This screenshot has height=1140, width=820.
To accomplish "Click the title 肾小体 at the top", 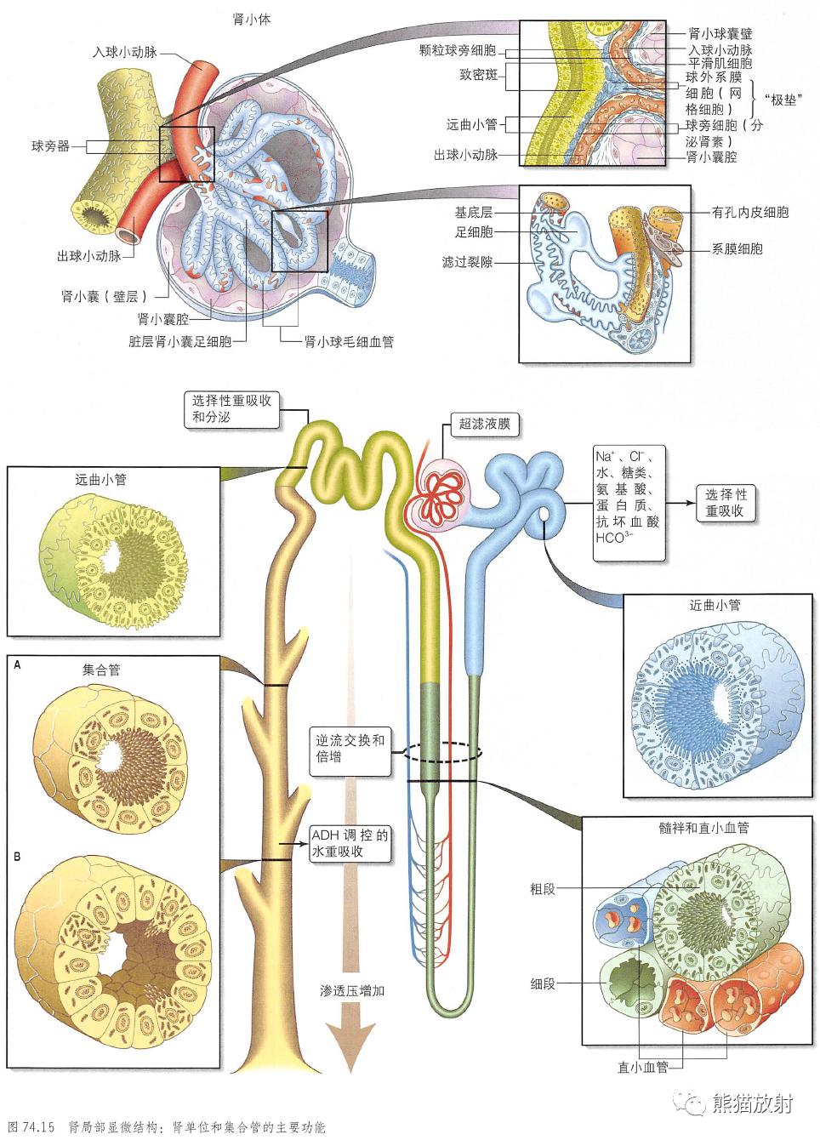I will [x=253, y=19].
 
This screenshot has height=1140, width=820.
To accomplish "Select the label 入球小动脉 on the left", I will [x=125, y=53].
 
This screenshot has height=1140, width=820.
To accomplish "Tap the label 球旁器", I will [x=50, y=146].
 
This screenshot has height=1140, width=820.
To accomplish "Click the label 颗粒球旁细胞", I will [x=458, y=52].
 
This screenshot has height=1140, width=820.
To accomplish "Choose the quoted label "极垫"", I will [x=784, y=100].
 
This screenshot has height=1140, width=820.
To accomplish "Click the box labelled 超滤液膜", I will [x=484, y=424].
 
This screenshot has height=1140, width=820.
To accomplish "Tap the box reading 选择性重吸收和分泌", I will [x=231, y=409].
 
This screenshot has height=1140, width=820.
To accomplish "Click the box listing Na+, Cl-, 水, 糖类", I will [x=629, y=502].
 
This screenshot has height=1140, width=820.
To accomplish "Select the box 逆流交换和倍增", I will [x=350, y=749].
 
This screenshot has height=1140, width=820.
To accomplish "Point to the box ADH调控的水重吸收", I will [x=350, y=843].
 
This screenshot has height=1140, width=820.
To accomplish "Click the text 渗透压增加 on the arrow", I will [x=353, y=991].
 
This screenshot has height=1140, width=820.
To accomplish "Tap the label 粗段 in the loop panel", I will [x=543, y=889].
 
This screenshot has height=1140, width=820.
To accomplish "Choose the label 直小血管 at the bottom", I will [x=643, y=1066].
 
